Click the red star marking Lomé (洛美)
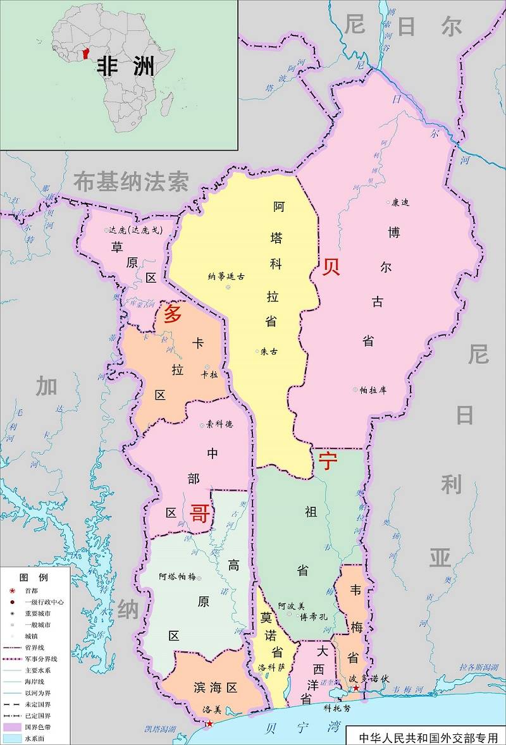(209, 723)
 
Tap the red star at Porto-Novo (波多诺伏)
(356, 688)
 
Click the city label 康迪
(400, 202)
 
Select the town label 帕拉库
(373, 390)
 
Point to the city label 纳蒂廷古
(226, 276)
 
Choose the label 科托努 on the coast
(336, 708)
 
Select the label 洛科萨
(272, 667)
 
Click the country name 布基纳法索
(131, 182)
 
